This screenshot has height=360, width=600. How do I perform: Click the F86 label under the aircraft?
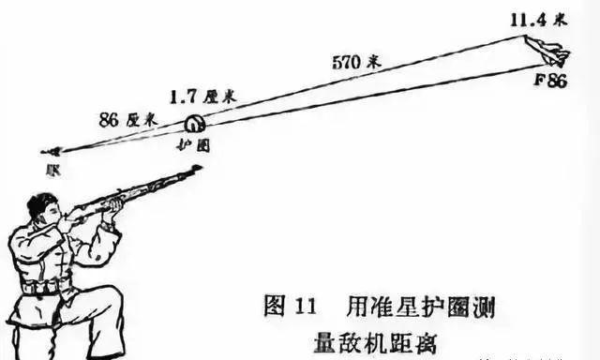(x=550, y=81)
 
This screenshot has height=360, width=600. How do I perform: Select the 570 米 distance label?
(x=356, y=63)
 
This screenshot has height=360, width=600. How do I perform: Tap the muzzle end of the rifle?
(x=196, y=170)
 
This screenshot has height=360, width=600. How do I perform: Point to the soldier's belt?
(x=47, y=286)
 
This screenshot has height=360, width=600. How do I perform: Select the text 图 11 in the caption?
(x=279, y=306)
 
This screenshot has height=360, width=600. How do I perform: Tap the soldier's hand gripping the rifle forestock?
(x=112, y=203)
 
